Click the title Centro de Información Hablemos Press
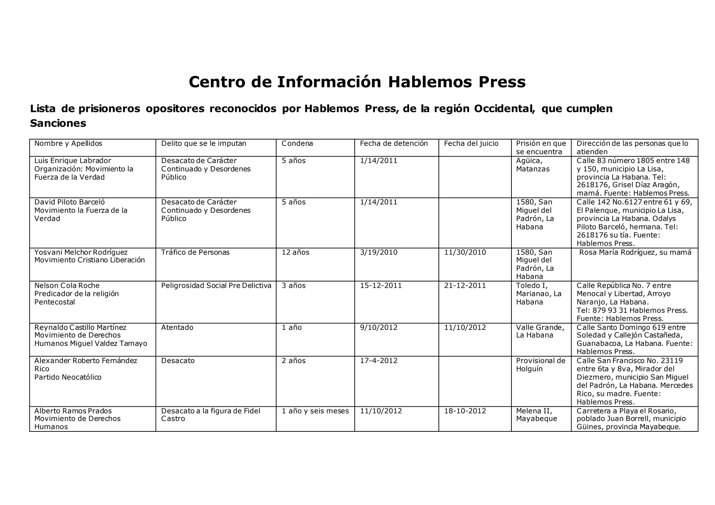coord(357,82)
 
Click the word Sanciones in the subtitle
coord(58,123)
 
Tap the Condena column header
coord(297,144)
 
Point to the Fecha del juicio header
coord(471,144)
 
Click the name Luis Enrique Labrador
coord(73,161)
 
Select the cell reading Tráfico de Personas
coord(195,252)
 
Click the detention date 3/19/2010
coord(378,252)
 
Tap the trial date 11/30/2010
coord(465,252)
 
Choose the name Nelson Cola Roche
coord(67,286)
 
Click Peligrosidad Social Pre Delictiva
coord(216,286)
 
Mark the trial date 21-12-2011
coord(465,286)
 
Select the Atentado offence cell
coord(177,327)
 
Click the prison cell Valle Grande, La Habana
coord(540,331)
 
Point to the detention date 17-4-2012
coord(378,361)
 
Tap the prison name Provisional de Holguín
coord(540,364)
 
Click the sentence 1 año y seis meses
coord(315,411)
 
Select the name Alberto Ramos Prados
coord(73,411)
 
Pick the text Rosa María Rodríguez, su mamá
coord(635,252)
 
